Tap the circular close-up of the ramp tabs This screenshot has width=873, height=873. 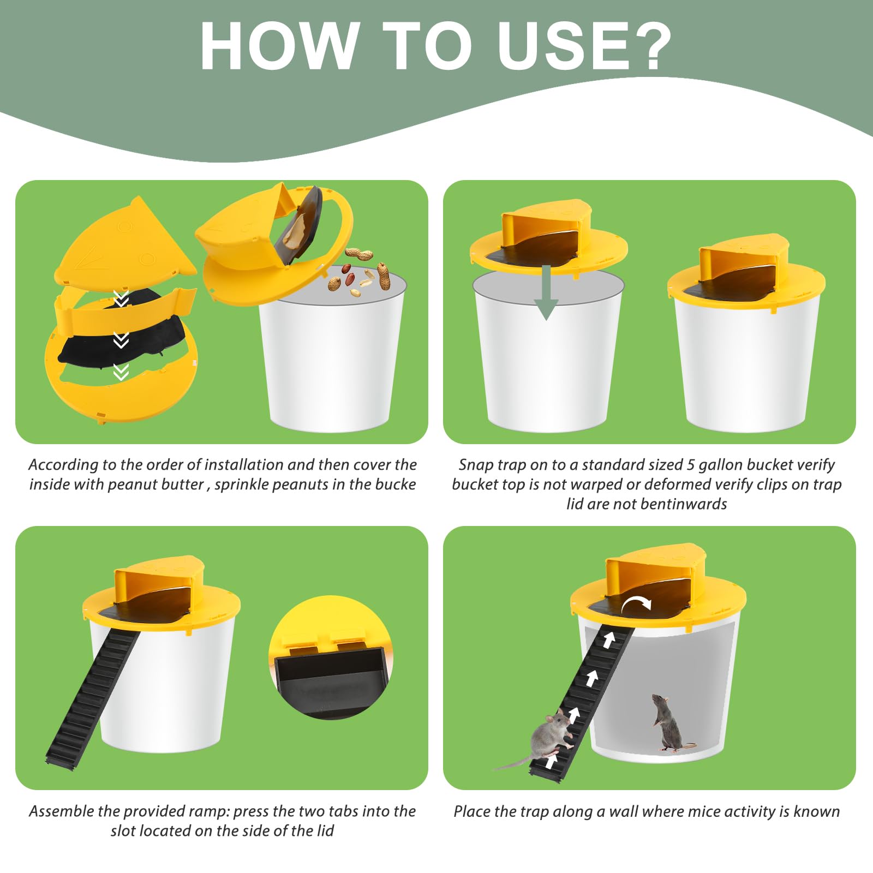point(331,657)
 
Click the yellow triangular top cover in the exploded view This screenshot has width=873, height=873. point(125,242)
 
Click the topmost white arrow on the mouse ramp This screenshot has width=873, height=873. point(609,639)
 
